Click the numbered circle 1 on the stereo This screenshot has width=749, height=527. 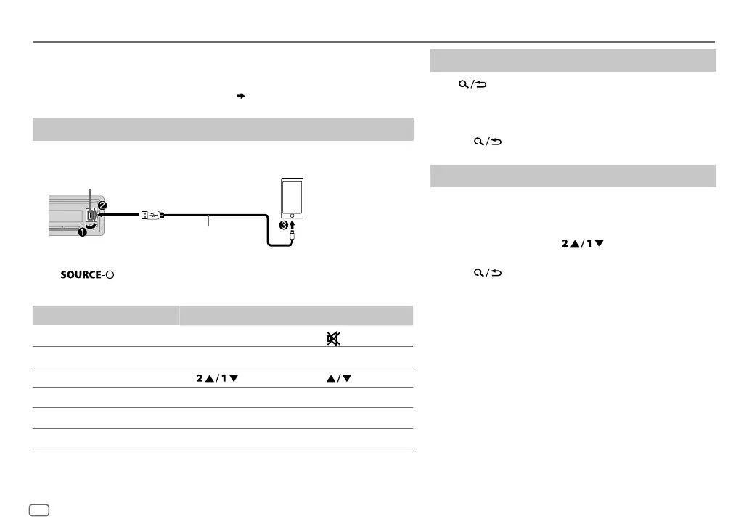point(82,232)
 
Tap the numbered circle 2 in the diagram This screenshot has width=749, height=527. point(102,205)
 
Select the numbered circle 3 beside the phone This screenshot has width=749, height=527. point(284,225)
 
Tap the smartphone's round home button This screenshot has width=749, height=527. point(292,216)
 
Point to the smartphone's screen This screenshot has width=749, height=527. point(292,197)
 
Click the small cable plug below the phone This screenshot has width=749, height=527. point(292,235)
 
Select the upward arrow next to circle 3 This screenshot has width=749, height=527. point(292,224)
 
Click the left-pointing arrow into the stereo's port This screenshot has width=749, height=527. point(118,215)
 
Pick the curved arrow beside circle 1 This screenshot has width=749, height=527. point(91,225)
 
